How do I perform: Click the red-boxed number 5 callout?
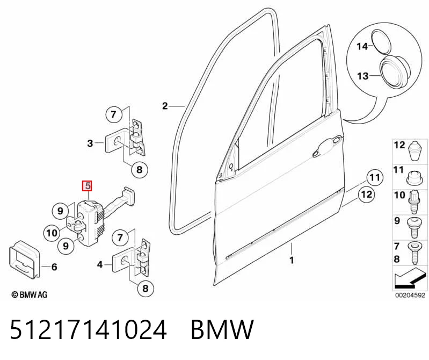point(88,186)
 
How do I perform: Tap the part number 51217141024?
point(88,329)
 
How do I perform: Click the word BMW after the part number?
point(222,329)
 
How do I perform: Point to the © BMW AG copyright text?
point(30,294)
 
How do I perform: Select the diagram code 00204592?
point(410,296)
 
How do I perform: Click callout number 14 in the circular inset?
point(362,46)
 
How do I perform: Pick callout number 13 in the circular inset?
point(363,76)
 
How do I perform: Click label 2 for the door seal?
point(165,106)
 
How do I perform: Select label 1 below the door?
point(292,260)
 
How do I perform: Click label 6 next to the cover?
point(54,267)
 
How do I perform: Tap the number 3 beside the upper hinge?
point(90,143)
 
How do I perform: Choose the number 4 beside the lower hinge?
point(100,265)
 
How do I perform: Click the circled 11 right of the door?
point(375,178)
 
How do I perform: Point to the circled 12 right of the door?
point(366,195)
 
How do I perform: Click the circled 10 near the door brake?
point(52,233)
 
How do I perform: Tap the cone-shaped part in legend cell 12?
point(416,152)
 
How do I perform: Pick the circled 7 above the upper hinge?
point(113,114)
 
